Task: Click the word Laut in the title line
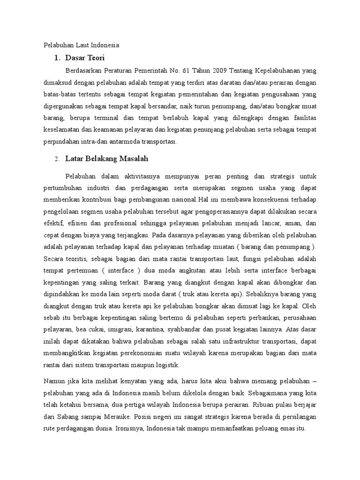click(79, 45)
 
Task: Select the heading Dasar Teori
click(85, 58)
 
